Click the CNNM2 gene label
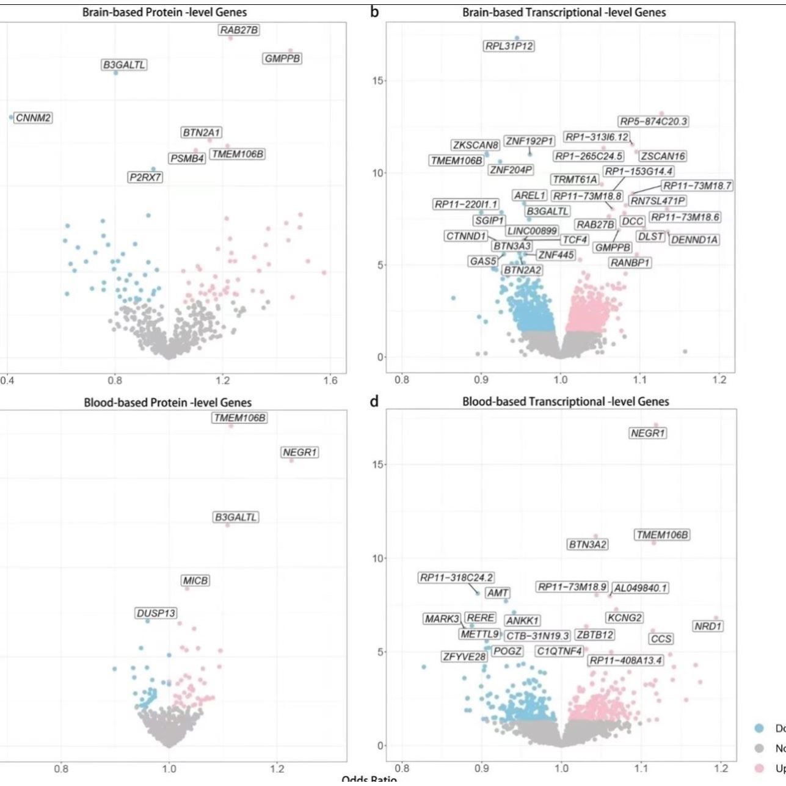33,118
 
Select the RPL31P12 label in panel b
509,46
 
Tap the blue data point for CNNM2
11,117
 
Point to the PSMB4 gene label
187,159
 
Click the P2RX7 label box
145,178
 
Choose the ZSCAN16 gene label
663,156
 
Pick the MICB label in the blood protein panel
195,580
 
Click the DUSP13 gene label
156,613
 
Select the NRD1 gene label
708,626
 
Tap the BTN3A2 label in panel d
588,544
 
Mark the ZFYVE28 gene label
465,657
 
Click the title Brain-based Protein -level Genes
165,12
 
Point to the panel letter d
374,401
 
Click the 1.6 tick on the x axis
330,380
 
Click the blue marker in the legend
760,728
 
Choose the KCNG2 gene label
625,618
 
